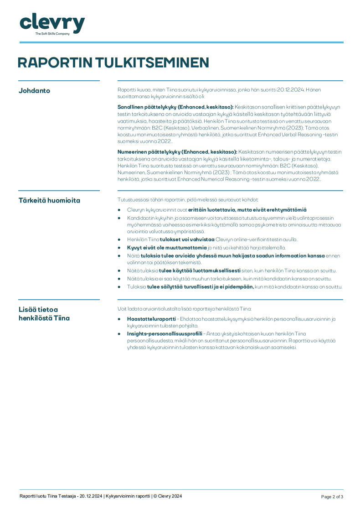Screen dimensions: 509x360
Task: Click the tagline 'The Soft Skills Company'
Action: coord(52,34)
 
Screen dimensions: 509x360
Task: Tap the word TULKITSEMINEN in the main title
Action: coord(152,62)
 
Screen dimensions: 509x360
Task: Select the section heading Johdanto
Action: coord(34,91)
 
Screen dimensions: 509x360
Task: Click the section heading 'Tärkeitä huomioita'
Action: coord(49,200)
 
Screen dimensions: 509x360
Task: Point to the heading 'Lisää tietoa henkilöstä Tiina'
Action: coord(44,314)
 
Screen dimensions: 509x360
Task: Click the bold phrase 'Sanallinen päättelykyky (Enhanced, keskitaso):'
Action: coord(175,107)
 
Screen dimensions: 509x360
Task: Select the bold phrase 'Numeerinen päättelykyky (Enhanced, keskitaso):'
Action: coord(177,151)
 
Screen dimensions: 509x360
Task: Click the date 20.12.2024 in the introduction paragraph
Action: coord(290,90)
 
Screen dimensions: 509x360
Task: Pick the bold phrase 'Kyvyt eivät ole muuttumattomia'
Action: coord(167,248)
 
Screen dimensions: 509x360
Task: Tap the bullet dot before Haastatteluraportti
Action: coord(119,319)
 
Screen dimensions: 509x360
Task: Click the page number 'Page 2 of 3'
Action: coord(332,497)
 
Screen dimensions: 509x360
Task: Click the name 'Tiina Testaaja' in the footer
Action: coord(62,496)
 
